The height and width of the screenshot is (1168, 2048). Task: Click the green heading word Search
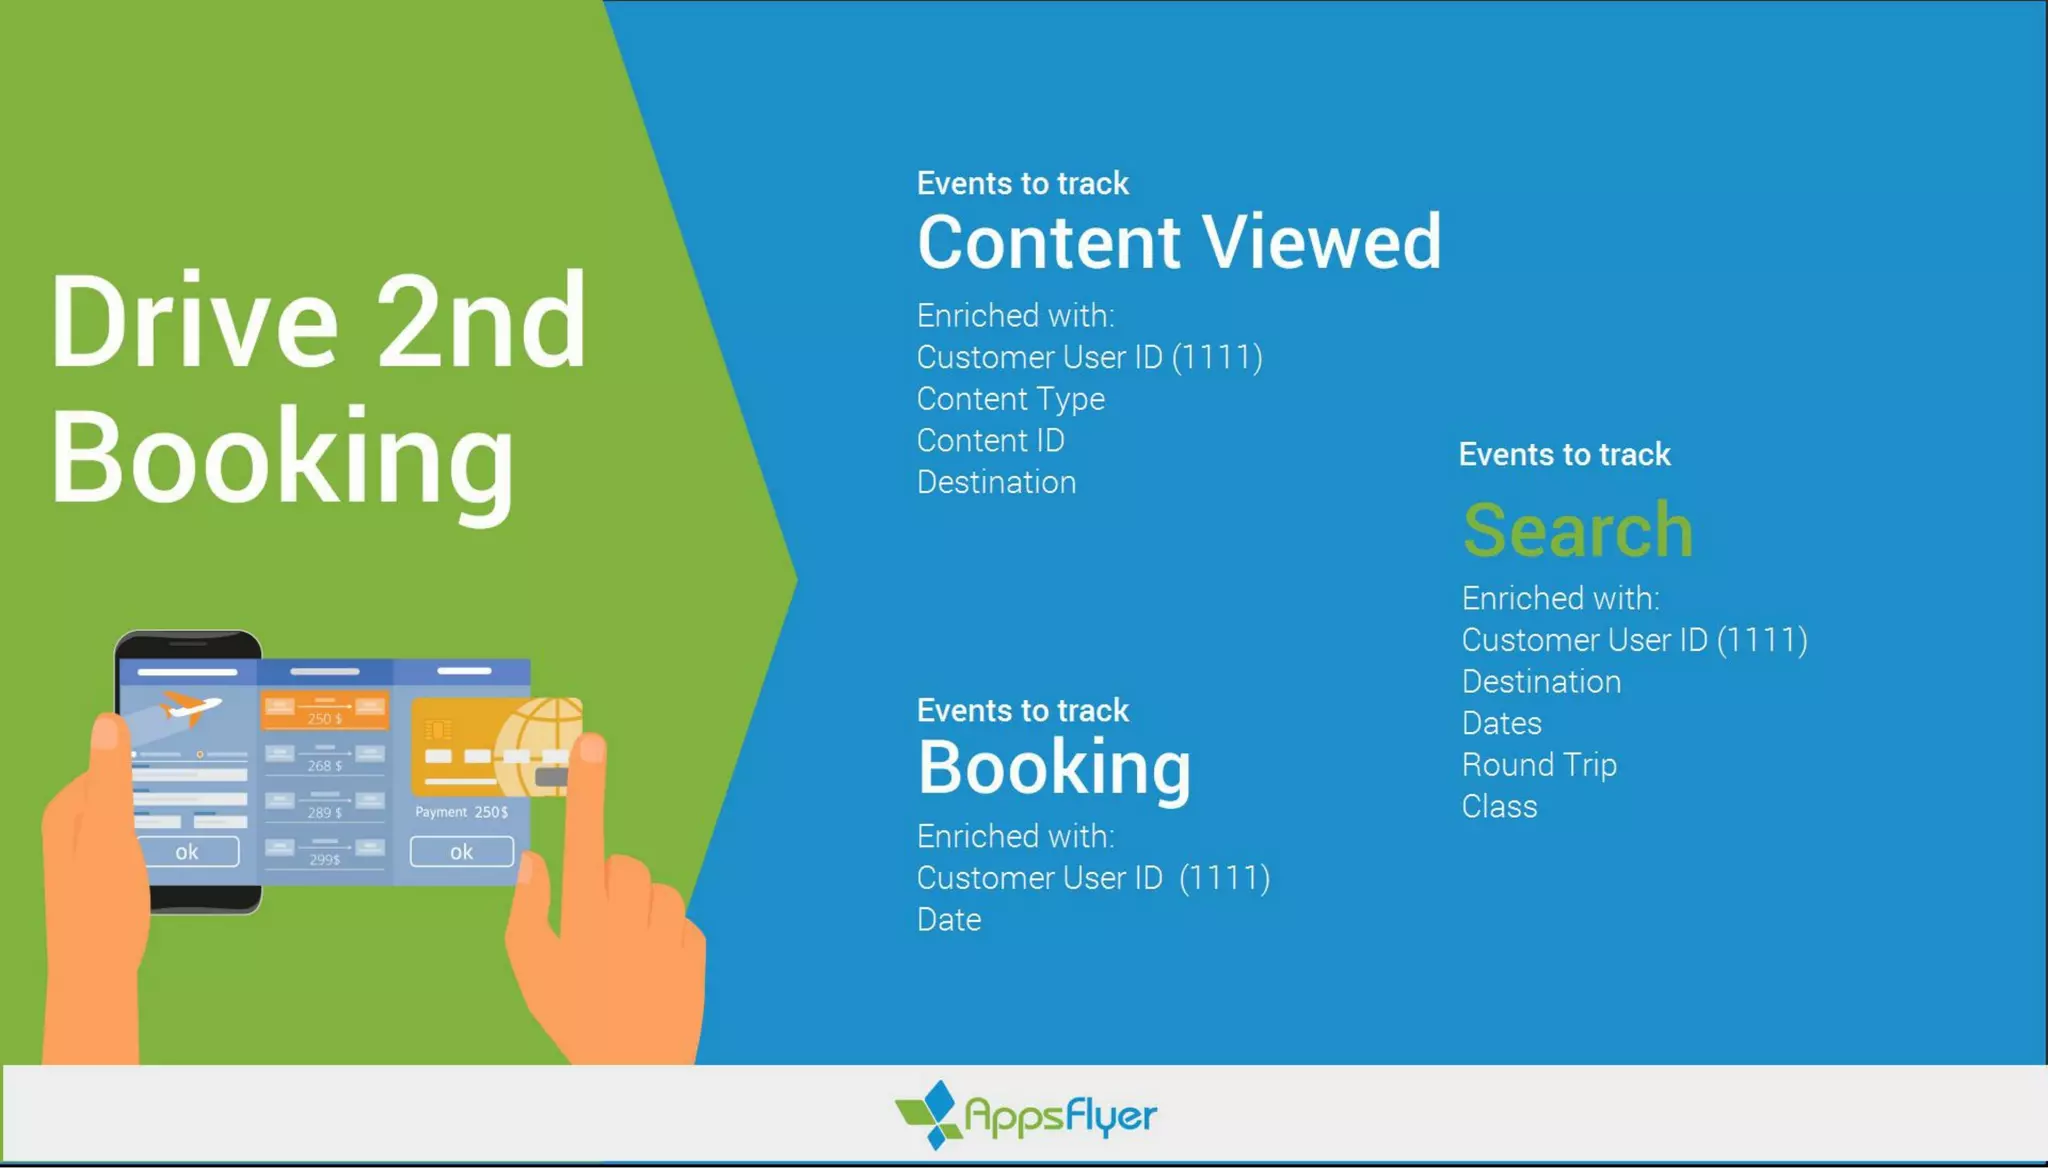click(1577, 530)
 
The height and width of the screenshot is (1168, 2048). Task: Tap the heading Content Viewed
click(1179, 243)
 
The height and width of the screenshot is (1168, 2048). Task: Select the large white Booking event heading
click(1054, 768)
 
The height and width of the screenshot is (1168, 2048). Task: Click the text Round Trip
click(1538, 765)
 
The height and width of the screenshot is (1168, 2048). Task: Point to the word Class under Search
click(1498, 807)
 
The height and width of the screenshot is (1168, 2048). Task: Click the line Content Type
click(1010, 399)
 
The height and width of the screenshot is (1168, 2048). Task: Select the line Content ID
click(990, 441)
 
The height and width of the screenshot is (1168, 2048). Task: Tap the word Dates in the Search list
click(1501, 723)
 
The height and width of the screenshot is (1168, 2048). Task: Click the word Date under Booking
click(948, 920)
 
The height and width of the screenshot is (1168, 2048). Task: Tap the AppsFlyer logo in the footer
click(1026, 1115)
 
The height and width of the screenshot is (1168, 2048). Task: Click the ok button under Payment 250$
click(461, 852)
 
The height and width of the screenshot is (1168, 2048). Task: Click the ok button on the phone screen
click(187, 852)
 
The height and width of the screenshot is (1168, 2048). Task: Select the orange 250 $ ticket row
click(324, 712)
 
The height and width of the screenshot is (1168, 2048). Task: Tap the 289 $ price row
click(324, 806)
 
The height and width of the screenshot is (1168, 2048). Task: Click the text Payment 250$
click(461, 812)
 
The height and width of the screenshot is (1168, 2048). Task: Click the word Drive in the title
click(194, 322)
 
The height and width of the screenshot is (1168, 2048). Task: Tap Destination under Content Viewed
click(996, 483)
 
